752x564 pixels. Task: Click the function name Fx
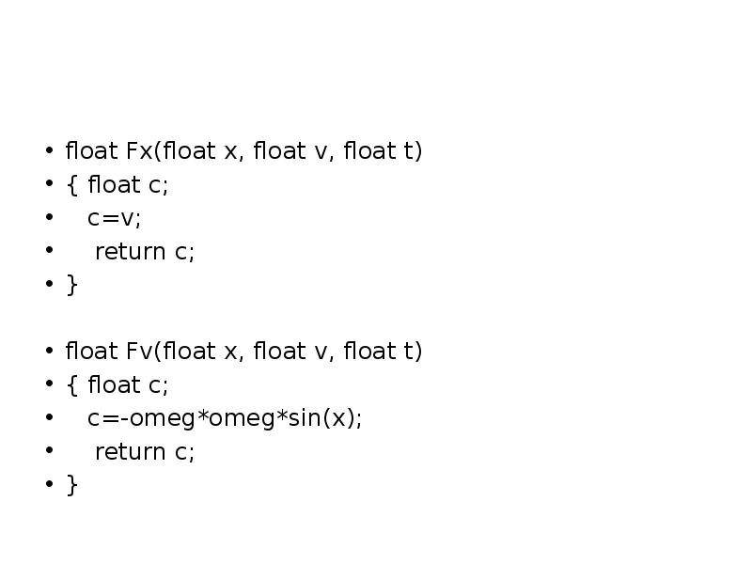pos(137,151)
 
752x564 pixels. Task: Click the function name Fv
pos(137,352)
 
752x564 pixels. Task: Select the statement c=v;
pos(113,218)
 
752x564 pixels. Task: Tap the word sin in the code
pos(303,418)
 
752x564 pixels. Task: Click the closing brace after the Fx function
pos(71,285)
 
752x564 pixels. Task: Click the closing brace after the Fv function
pos(71,485)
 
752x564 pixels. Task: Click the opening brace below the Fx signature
pos(71,185)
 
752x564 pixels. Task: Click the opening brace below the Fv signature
pos(71,385)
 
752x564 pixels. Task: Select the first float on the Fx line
pos(91,151)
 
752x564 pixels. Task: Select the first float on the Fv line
pos(91,352)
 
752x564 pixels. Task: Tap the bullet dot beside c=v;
pos(48,218)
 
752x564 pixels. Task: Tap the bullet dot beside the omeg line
pos(48,418)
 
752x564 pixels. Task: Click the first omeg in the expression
pos(157,418)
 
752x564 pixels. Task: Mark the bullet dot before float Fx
pos(48,151)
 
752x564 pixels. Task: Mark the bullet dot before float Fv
pos(48,352)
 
